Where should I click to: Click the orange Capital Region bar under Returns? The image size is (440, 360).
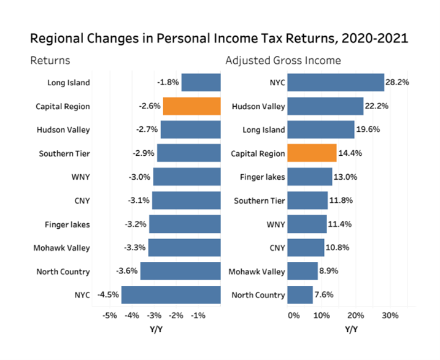click(191, 106)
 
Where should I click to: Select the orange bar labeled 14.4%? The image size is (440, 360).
click(312, 153)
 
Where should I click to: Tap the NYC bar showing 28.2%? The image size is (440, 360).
click(335, 82)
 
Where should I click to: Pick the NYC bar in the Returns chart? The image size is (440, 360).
click(171, 295)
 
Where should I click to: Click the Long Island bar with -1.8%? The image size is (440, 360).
click(201, 82)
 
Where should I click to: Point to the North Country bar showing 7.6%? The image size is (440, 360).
click(299, 295)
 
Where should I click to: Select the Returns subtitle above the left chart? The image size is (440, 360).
click(50, 61)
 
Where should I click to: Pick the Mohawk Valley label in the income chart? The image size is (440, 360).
click(257, 272)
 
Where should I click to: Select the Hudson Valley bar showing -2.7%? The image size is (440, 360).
click(190, 129)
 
